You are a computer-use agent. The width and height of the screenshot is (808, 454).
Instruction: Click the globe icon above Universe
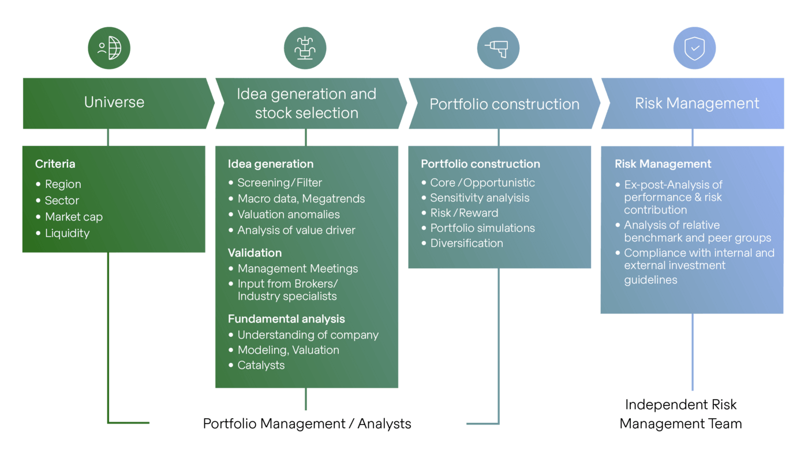(x=109, y=48)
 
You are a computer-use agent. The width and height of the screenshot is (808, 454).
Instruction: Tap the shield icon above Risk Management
(x=694, y=48)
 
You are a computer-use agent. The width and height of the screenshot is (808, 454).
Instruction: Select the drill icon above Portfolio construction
(x=498, y=48)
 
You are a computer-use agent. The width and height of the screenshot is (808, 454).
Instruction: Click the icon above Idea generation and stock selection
(x=305, y=48)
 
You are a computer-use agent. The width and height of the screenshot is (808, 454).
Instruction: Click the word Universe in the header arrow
(x=114, y=102)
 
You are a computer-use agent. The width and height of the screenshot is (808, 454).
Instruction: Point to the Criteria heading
(x=55, y=164)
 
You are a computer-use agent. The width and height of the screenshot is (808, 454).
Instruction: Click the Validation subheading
(x=255, y=253)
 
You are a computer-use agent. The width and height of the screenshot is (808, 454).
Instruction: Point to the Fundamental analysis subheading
(x=286, y=319)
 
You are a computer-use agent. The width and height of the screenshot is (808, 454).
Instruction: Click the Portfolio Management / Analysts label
(x=307, y=423)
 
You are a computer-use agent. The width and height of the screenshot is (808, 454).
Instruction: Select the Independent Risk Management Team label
(x=680, y=414)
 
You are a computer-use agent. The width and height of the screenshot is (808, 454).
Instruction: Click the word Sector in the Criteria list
(x=62, y=200)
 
